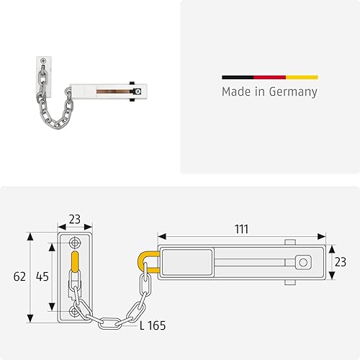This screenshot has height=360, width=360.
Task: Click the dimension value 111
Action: [241, 229]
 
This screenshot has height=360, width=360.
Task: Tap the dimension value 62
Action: [19, 276]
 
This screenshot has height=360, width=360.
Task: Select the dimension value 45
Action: [42, 276]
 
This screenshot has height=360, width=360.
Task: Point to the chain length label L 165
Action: [153, 325]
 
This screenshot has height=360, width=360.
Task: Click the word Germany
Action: [293, 92]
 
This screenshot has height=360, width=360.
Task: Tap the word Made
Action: [236, 91]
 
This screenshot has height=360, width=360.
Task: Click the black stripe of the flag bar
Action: [238, 77]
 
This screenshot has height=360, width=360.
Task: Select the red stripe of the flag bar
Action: [270, 77]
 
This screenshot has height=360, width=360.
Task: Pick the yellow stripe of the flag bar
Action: [302, 77]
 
